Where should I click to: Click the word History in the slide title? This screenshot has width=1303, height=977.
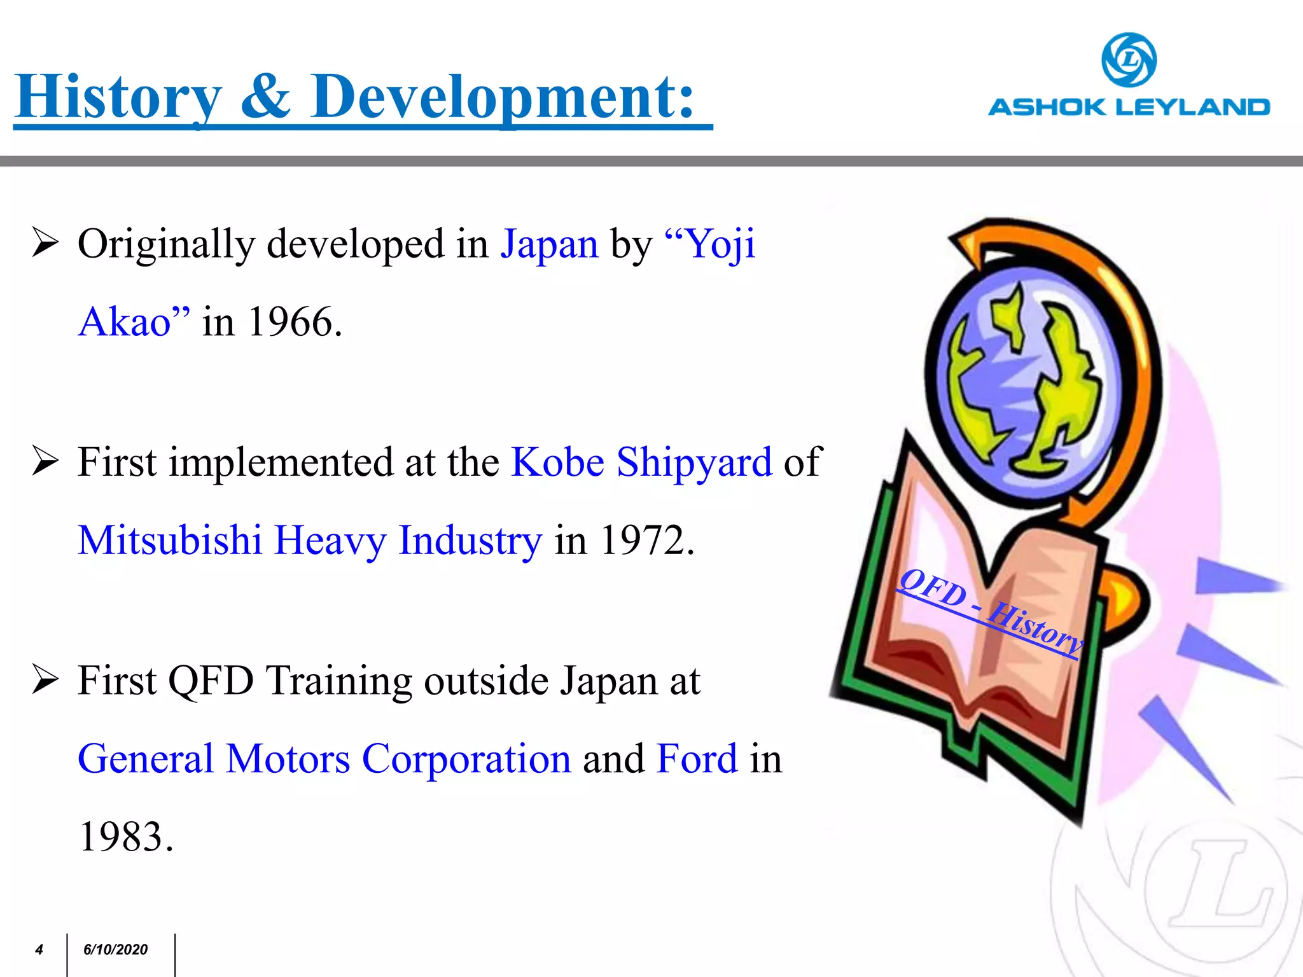click(x=118, y=97)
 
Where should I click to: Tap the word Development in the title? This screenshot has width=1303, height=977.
click(x=503, y=97)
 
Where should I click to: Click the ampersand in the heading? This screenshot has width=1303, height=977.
click(x=266, y=97)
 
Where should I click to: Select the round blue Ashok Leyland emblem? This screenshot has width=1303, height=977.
click(x=1129, y=60)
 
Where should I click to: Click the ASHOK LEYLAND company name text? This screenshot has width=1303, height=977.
click(x=1129, y=107)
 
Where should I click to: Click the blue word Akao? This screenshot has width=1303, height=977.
click(x=125, y=322)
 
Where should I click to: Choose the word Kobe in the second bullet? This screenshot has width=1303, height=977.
click(x=557, y=462)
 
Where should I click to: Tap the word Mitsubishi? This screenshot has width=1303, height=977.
click(x=170, y=540)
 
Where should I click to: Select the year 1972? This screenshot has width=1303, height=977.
click(x=646, y=540)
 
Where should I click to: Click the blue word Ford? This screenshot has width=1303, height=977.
click(x=697, y=759)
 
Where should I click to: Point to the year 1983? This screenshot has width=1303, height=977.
click(x=125, y=836)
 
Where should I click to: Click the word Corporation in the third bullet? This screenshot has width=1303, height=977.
click(x=466, y=759)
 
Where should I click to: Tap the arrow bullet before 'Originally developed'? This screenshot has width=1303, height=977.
click(x=45, y=244)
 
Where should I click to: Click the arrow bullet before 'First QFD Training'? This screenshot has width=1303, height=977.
click(x=45, y=681)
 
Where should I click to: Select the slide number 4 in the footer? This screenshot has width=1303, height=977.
click(x=39, y=950)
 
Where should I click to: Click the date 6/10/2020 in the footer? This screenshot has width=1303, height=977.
click(x=115, y=950)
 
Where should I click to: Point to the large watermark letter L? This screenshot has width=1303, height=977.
click(x=1218, y=884)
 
